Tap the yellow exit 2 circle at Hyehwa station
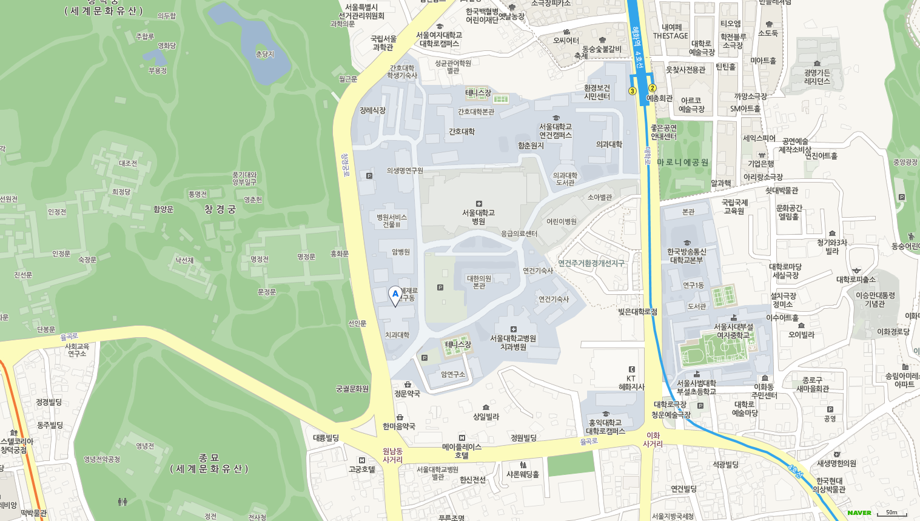(653, 88)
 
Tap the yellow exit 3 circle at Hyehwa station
(633, 91)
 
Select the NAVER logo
(859, 513)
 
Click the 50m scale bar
(891, 513)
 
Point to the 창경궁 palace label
(220, 209)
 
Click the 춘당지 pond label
(265, 54)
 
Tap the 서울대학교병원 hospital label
(478, 217)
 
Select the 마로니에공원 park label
(682, 163)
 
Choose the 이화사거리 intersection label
(653, 440)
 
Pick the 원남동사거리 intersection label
(392, 455)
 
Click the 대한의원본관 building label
(479, 282)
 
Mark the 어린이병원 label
(562, 221)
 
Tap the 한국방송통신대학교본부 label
(687, 255)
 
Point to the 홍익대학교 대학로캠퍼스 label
(606, 426)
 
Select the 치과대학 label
(397, 335)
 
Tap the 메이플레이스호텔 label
(462, 451)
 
